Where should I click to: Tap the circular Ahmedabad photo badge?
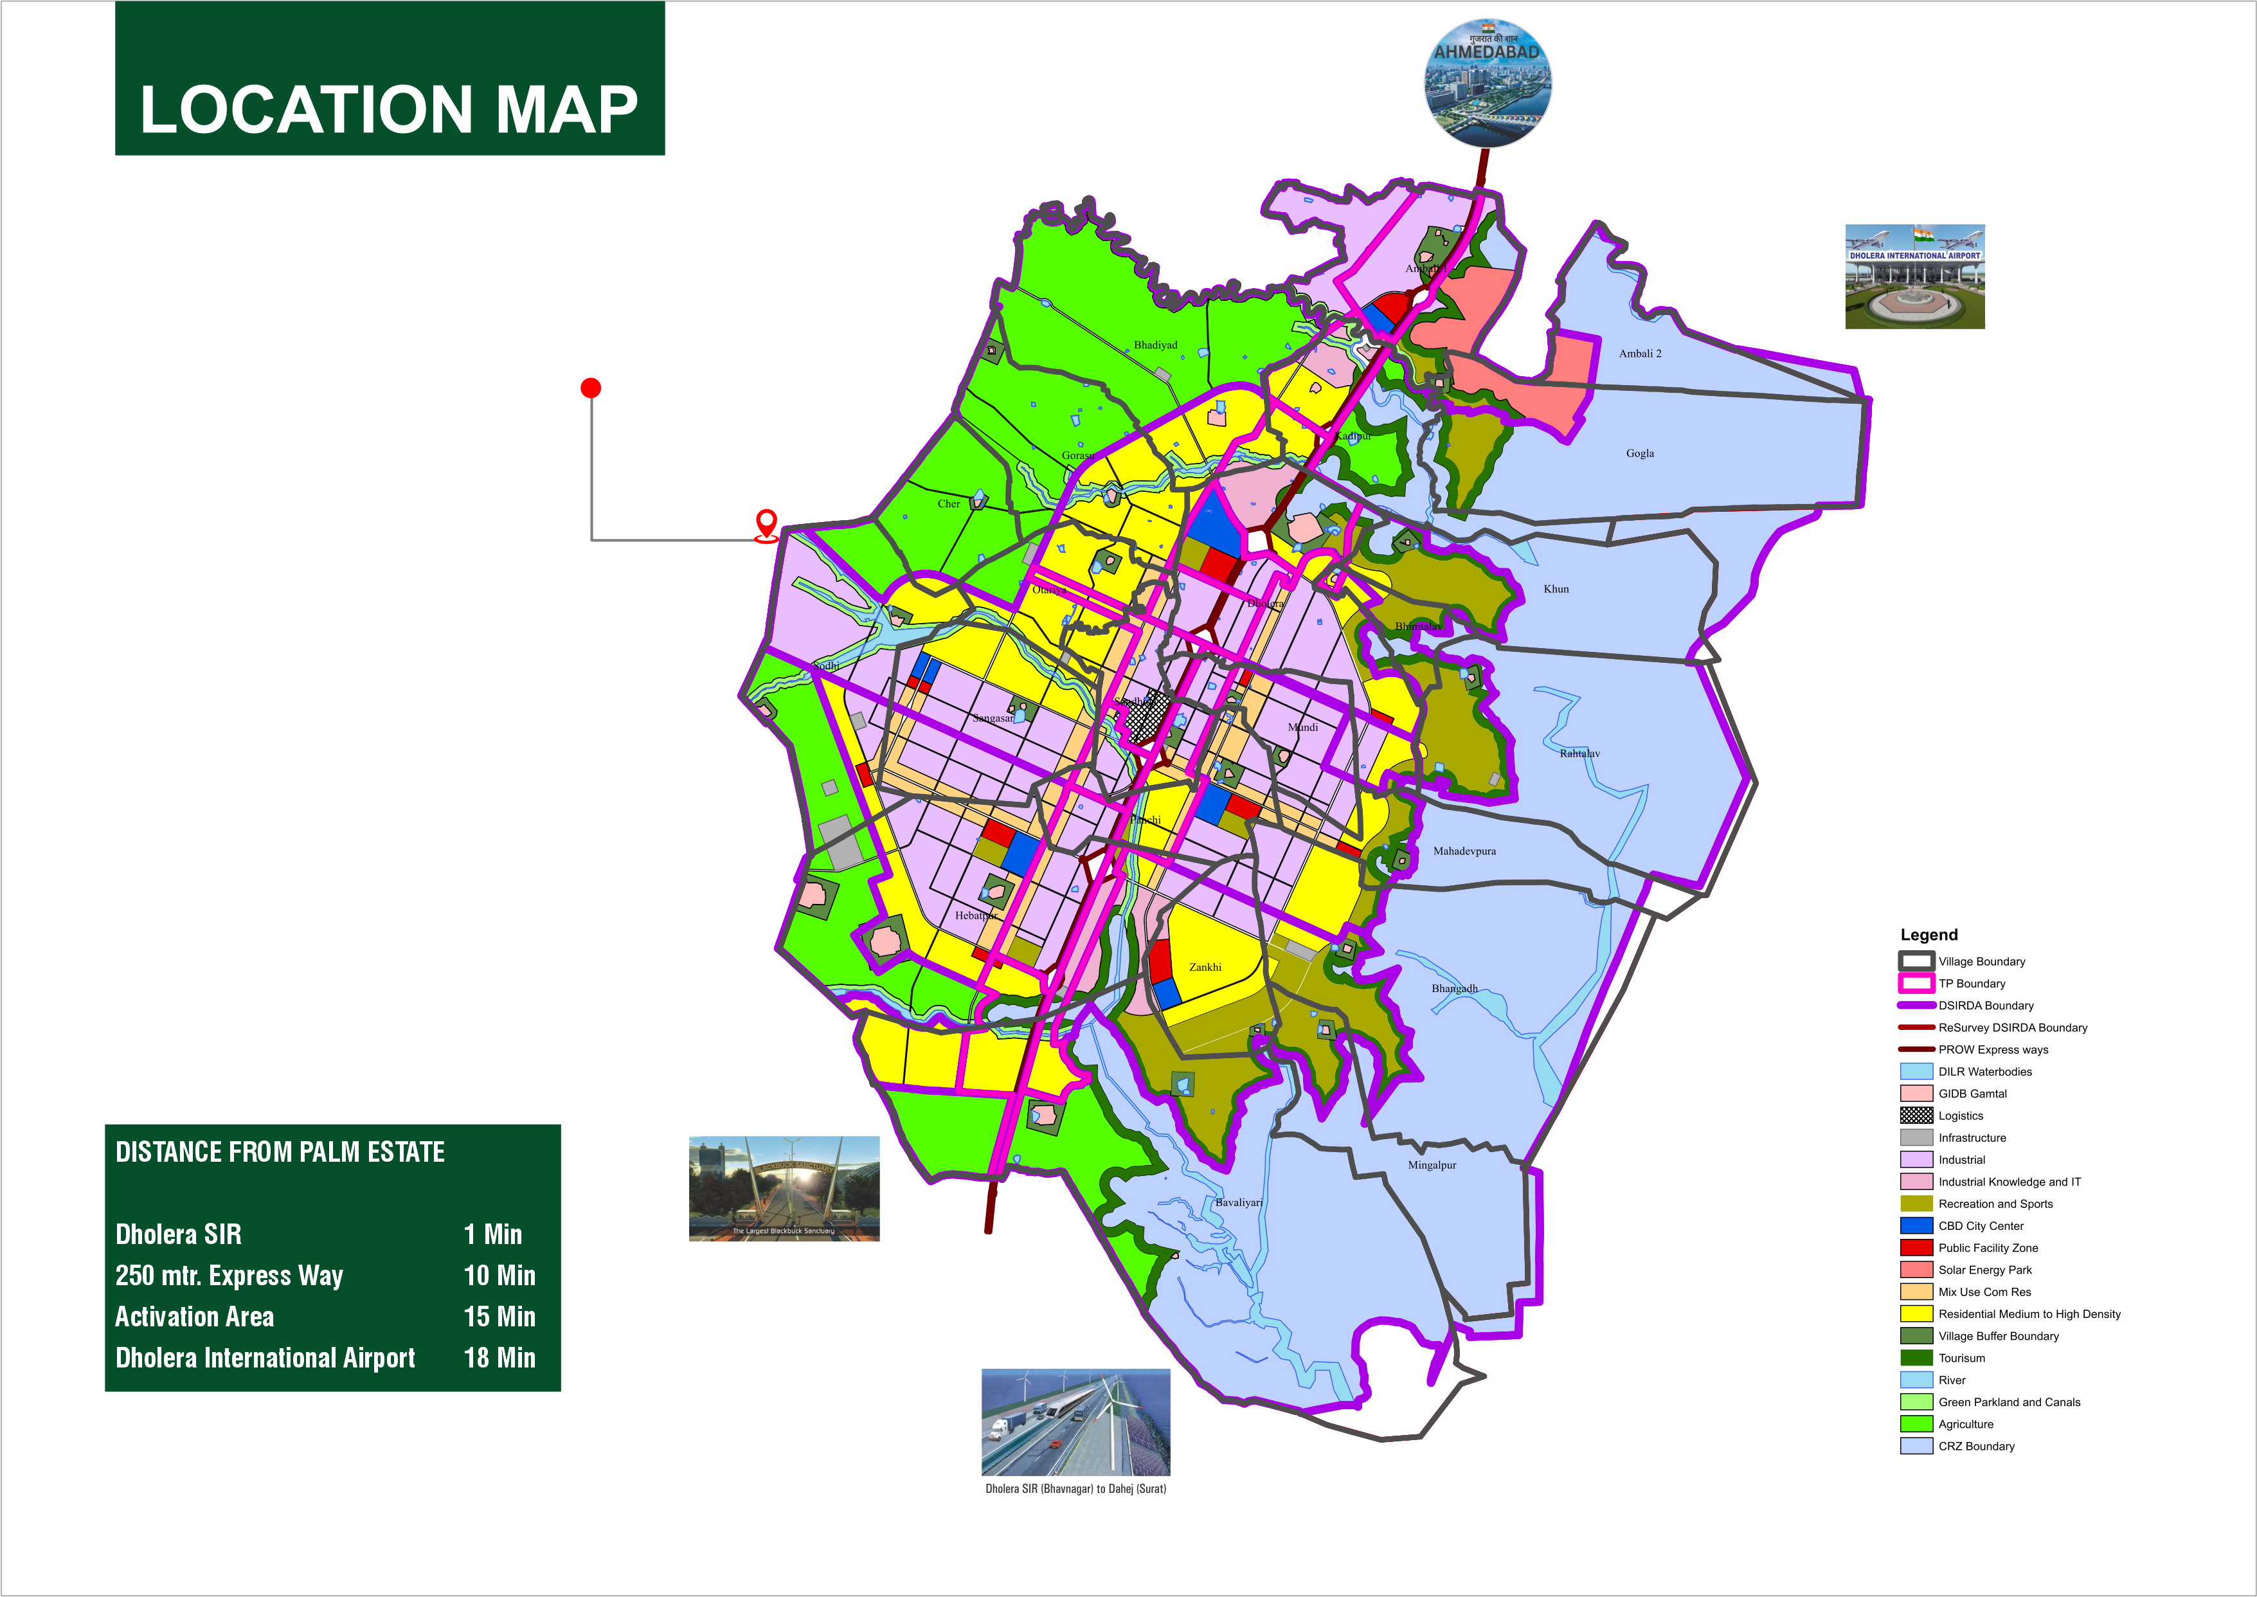[1488, 84]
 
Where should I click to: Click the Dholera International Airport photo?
[1914, 276]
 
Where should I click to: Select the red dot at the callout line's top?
[591, 388]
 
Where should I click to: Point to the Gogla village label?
[1640, 453]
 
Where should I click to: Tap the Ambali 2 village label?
[1640, 353]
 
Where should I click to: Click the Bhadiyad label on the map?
[1155, 345]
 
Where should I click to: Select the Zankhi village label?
[1205, 967]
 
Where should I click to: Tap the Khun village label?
[1556, 589]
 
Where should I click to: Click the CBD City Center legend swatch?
[1916, 1225]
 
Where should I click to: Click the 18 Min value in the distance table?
[499, 1358]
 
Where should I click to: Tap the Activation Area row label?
[195, 1317]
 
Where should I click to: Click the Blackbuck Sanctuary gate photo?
[784, 1188]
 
